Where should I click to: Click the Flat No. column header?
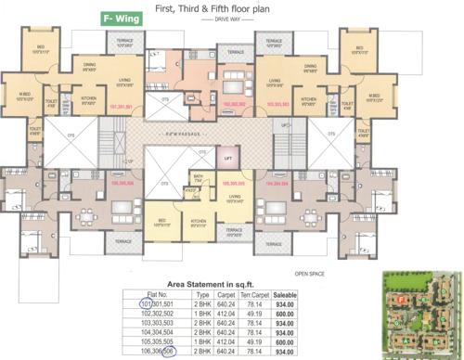coord(149,293)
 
